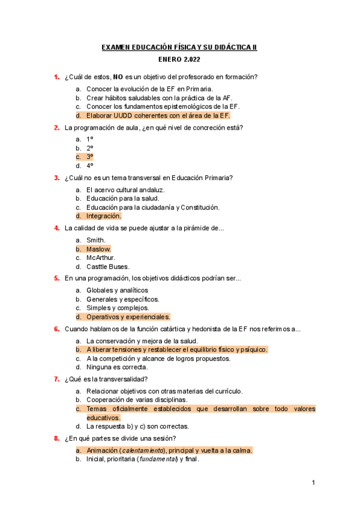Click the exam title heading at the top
click(x=179, y=47)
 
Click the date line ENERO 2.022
click(x=179, y=60)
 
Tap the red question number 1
click(x=56, y=77)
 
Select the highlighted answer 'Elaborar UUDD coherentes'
click(x=158, y=115)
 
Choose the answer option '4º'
click(x=90, y=166)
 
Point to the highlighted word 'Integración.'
click(x=103, y=216)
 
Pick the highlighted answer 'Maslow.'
click(x=98, y=248)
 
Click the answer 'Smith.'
click(x=96, y=239)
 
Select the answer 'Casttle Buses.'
click(x=107, y=267)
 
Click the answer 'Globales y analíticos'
click(x=117, y=290)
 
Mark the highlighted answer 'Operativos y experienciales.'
click(x=128, y=317)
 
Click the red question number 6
click(x=56, y=329)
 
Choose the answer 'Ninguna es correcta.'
click(x=117, y=367)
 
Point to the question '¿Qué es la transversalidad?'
click(x=106, y=379)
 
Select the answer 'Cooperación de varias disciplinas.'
click(x=137, y=399)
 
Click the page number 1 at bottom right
click(x=313, y=483)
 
